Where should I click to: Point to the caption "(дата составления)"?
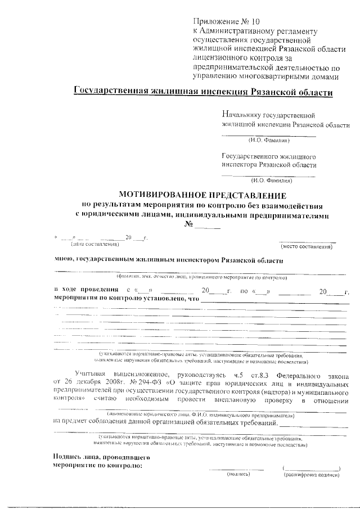(x=94, y=244)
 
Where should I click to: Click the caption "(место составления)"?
(x=308, y=246)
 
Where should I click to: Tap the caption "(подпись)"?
(x=238, y=475)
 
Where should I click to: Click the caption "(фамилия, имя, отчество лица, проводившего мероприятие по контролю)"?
(x=202, y=277)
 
